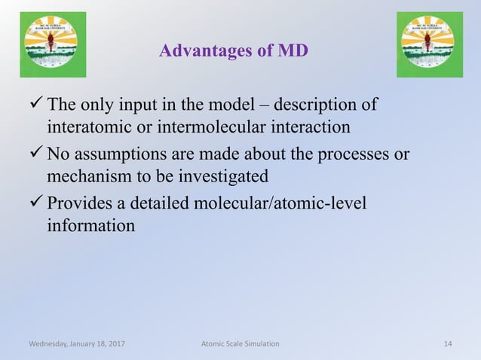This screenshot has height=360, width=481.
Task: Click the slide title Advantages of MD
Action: tap(234, 52)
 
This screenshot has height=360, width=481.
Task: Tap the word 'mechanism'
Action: tap(87, 176)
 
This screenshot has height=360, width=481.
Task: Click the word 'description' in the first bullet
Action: tap(320, 104)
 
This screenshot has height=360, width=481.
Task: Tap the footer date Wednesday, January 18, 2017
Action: tap(77, 343)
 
